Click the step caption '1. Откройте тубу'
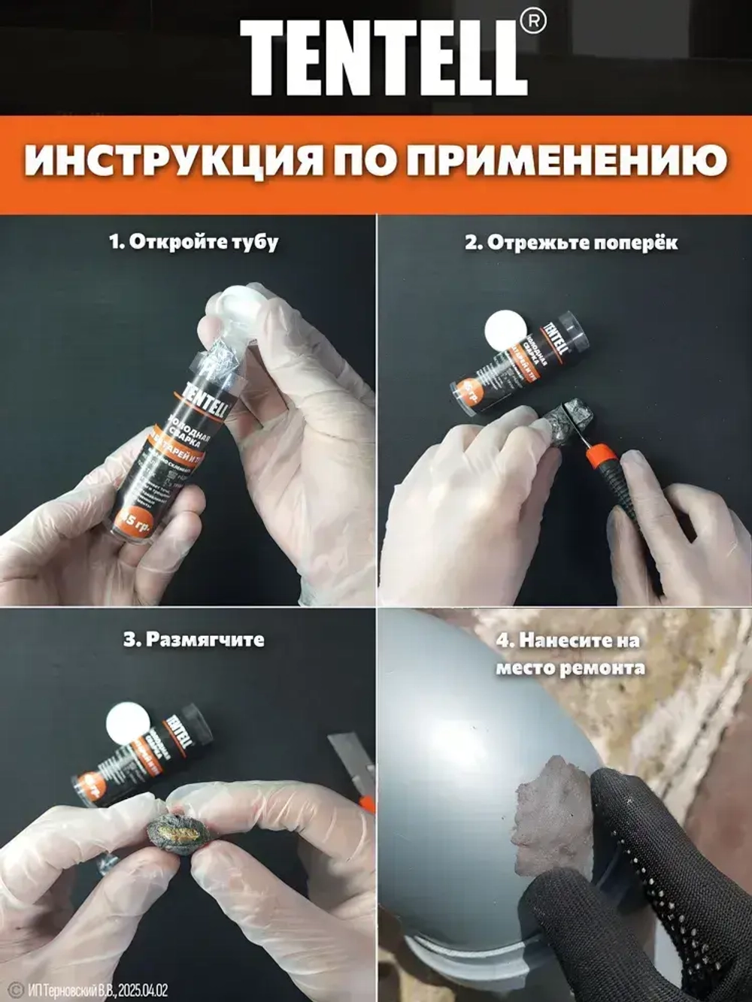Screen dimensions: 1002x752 [194, 241]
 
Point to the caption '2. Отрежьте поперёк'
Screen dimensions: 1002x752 [571, 242]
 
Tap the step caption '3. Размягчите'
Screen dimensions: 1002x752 [193, 640]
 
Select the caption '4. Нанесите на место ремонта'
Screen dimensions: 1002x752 [569, 653]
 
